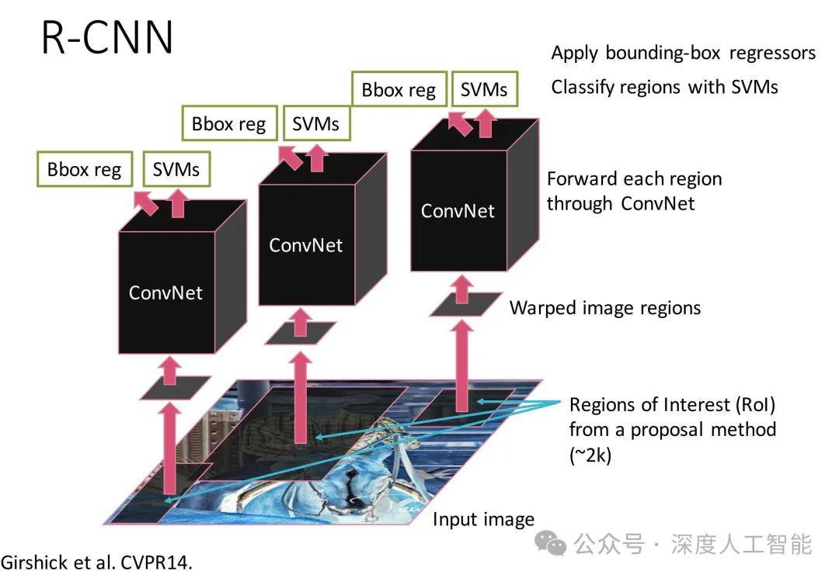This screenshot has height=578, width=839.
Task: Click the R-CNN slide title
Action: pos(107,36)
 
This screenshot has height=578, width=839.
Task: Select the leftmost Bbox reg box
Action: pos(85,170)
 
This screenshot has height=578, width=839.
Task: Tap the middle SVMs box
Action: pos(315,123)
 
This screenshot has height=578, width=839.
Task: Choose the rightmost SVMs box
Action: pos(484,89)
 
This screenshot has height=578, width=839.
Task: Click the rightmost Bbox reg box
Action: pos(399,89)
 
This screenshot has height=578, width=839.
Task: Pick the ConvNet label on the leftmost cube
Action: pos(165,292)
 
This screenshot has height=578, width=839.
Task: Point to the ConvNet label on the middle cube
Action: pos(305,245)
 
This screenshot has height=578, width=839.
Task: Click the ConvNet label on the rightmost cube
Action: pos(458,210)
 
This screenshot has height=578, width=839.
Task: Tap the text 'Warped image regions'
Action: pos(604,308)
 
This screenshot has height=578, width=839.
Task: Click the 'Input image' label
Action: pos(483,519)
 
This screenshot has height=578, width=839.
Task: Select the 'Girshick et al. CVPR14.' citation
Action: pos(96,562)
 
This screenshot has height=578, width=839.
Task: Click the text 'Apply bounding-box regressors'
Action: pos(684,53)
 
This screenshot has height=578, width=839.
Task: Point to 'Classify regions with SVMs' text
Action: pos(664,86)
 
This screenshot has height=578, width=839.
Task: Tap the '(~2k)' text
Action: pos(590,455)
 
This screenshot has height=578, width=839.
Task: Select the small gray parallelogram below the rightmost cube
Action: pos(461,304)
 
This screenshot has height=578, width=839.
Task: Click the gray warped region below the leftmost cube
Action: pos(175,389)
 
